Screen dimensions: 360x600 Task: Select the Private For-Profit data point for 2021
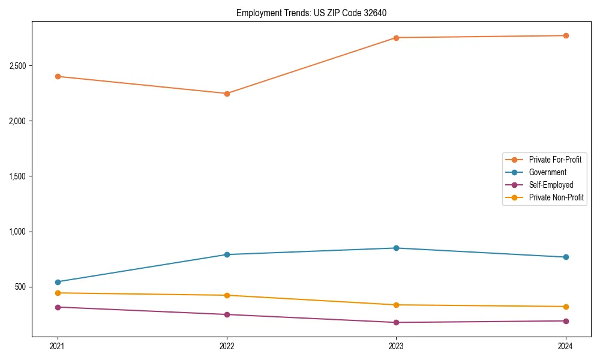58,76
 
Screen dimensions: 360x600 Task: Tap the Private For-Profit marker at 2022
227,94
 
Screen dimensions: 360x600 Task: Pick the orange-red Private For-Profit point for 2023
396,38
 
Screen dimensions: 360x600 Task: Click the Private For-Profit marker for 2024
566,35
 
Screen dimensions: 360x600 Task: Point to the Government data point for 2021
58,282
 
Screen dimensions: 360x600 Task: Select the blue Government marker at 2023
396,248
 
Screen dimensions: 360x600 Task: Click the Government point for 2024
566,257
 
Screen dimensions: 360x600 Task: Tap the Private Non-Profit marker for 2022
227,295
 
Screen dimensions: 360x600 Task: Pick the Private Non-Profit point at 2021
58,293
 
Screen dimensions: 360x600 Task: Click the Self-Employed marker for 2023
396,323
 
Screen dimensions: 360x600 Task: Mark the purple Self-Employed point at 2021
58,307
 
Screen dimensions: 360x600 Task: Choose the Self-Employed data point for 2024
566,321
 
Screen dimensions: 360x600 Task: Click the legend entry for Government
547,172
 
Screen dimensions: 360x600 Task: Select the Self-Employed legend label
551,185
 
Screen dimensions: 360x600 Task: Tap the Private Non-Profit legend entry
556,197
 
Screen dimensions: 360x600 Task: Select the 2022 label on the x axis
227,346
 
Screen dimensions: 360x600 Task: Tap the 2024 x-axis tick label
566,346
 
